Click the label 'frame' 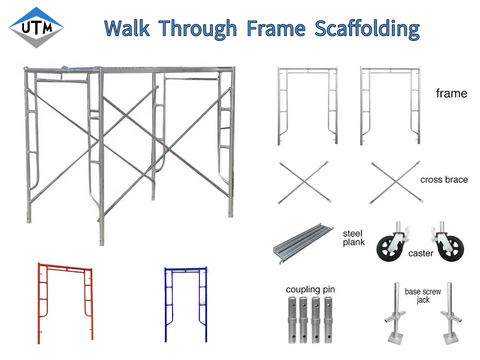click(x=452, y=93)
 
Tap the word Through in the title click(x=211, y=27)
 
